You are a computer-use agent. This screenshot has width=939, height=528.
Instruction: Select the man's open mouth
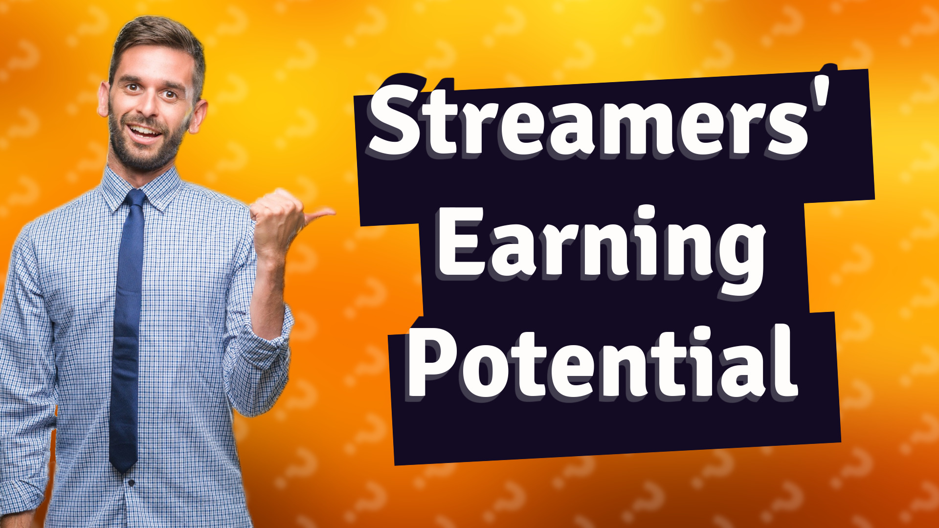[144, 131]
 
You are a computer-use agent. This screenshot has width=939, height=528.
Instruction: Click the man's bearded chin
[144, 156]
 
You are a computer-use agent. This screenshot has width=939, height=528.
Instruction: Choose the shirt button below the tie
[131, 483]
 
